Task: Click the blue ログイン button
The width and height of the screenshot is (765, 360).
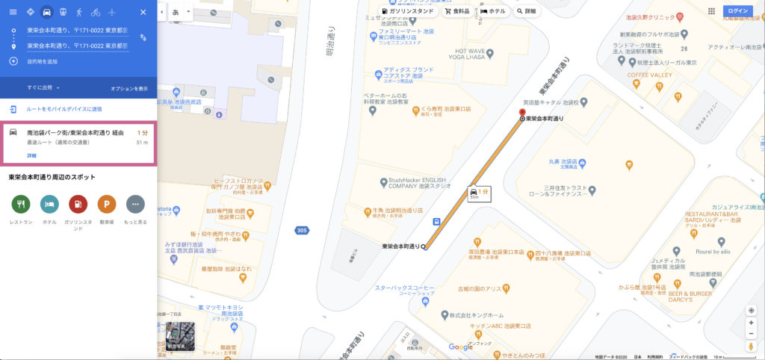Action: [x=737, y=11]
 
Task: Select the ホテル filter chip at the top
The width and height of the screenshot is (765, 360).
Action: [x=493, y=12]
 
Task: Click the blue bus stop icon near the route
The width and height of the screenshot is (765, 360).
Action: [x=436, y=221]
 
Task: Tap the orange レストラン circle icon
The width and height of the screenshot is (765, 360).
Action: [x=20, y=203]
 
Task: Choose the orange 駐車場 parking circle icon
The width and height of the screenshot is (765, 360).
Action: [x=107, y=203]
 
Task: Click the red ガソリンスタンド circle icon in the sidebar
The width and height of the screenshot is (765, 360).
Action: [x=78, y=203]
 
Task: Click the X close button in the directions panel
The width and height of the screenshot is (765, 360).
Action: [x=143, y=12]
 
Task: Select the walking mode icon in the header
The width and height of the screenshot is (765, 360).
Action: [x=78, y=12]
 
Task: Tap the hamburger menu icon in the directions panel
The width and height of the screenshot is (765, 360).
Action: [x=13, y=12]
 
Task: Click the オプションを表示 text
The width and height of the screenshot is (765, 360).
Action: [x=129, y=88]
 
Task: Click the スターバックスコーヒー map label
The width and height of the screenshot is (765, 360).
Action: [x=404, y=288]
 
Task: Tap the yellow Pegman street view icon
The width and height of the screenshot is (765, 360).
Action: [x=751, y=347]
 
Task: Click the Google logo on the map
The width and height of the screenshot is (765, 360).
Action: [x=461, y=347]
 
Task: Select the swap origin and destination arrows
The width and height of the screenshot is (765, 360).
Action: [x=142, y=37]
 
